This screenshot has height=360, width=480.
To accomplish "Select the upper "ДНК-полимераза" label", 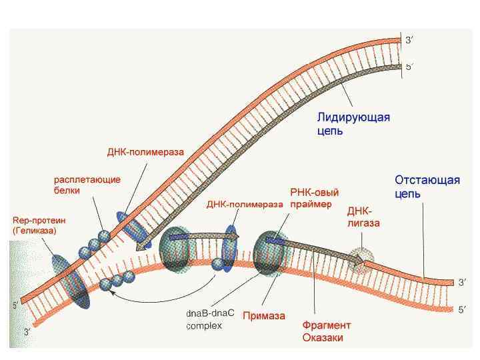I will [x=145, y=151].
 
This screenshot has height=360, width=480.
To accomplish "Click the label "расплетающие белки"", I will [x=87, y=185].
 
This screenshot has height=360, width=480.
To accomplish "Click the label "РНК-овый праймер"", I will [x=311, y=198].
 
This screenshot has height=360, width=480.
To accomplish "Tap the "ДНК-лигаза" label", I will [x=364, y=217].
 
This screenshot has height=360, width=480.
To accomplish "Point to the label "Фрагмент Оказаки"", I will [x=326, y=331].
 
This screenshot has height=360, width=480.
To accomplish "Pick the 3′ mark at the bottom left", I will [x=27, y=331].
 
